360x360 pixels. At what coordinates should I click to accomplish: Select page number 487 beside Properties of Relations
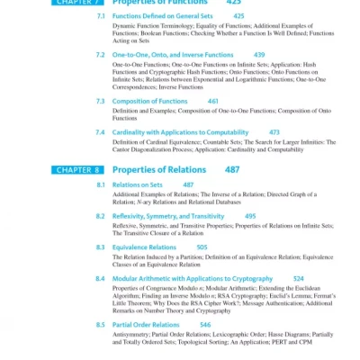click(232, 169)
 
